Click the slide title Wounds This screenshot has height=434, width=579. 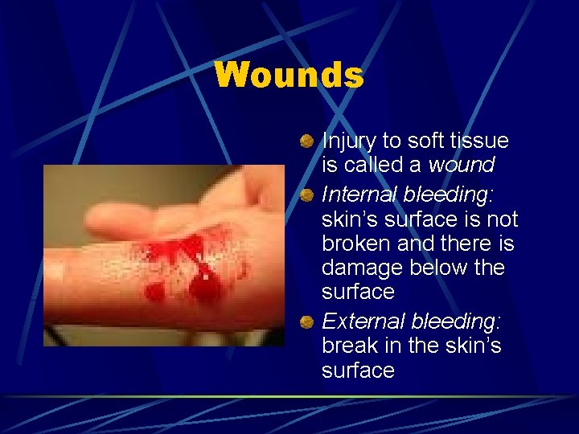(289, 76)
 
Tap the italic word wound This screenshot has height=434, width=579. (461, 165)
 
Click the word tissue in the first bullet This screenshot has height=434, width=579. (479, 141)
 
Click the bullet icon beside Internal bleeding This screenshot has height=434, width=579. (307, 196)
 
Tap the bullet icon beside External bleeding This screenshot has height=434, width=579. (307, 323)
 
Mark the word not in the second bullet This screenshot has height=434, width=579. (502, 219)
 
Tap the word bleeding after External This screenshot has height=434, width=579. (456, 321)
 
